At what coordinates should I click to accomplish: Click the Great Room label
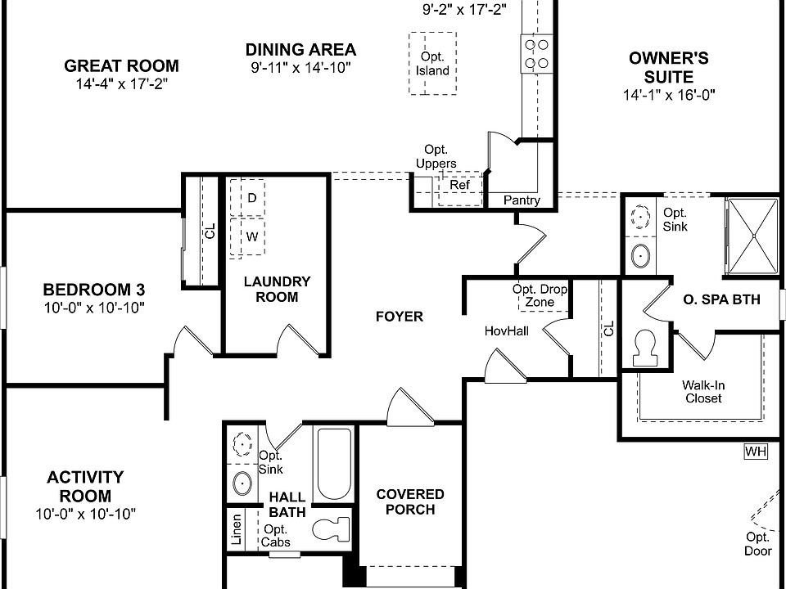coord(121,65)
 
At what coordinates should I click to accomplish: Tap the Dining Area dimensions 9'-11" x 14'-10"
coord(300,68)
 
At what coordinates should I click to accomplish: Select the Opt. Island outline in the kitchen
coord(432,34)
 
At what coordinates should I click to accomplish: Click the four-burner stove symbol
coord(536,54)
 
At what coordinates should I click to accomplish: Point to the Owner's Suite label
coord(669,67)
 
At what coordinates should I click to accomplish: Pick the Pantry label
coord(522,200)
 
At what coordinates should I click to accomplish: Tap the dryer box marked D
coord(247,197)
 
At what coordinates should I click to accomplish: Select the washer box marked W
coord(247,237)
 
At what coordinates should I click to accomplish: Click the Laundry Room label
coord(278,289)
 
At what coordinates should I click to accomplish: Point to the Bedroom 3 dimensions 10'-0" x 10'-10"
coord(94,307)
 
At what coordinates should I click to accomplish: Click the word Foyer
coord(400,317)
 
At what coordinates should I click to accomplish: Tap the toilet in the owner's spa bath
coord(644,348)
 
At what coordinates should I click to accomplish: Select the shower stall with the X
coord(753,236)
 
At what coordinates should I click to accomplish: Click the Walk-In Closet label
coord(703,392)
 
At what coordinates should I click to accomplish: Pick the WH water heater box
coord(756,452)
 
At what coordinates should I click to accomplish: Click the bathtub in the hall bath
coord(334,464)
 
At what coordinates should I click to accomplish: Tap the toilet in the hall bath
coord(330,529)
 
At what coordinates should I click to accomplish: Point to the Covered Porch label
coord(410,501)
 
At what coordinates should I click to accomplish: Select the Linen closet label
coord(236,529)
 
